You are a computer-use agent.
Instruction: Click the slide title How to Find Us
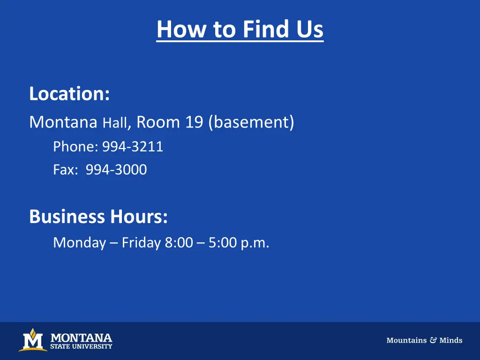click(240, 29)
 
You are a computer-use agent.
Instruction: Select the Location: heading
click(69, 94)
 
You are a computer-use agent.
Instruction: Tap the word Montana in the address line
click(63, 122)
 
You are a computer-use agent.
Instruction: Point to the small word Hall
click(114, 123)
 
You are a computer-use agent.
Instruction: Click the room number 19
click(194, 122)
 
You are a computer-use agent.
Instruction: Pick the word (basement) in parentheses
click(251, 122)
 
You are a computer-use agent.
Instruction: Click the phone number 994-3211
click(133, 147)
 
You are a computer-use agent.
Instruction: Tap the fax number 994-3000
click(116, 170)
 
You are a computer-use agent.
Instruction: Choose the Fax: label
click(66, 170)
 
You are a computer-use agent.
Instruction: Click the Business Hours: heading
click(98, 217)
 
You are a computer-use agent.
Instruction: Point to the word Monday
click(79, 243)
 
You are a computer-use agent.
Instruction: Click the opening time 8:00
click(179, 243)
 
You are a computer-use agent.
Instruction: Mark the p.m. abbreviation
click(255, 243)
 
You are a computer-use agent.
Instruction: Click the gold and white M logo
click(32, 340)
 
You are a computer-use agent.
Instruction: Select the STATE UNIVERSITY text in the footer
click(81, 347)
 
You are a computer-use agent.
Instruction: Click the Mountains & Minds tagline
click(424, 340)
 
